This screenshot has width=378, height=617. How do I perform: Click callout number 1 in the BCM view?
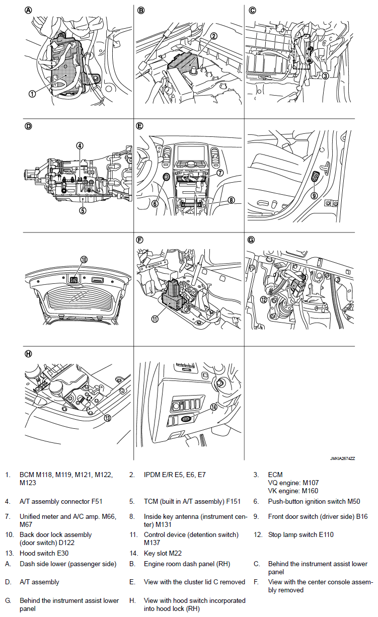[32, 93]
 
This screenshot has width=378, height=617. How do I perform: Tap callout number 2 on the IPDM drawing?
[214, 36]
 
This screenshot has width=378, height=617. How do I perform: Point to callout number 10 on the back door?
[84, 259]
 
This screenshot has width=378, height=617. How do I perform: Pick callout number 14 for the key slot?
[213, 408]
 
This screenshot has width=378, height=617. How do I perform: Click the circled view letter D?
[28, 125]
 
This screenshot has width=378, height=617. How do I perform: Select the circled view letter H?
[28, 354]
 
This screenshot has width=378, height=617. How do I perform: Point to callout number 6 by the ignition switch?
[155, 204]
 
